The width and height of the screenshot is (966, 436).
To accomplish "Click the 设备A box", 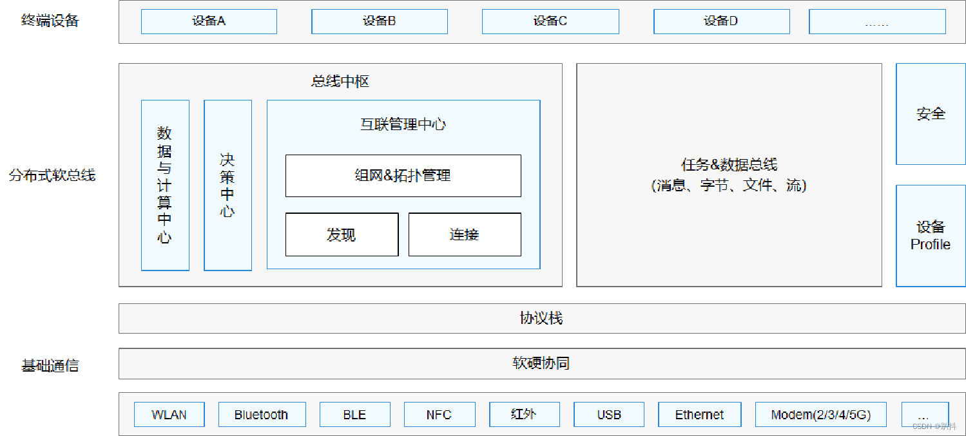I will pos(209,21).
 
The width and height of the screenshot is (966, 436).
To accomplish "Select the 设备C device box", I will pos(550,21).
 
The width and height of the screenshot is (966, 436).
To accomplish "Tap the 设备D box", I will pos(721,21).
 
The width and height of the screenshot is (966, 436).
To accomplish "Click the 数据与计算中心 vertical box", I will pos(165,185).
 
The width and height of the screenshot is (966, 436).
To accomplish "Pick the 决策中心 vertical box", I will pos(227,185).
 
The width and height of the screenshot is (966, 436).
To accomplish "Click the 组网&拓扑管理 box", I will pos(403,175).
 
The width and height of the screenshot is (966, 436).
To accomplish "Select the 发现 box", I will pos(342,234).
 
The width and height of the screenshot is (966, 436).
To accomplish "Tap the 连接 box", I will pos(465,234).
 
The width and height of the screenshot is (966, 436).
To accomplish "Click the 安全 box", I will pos(931,114).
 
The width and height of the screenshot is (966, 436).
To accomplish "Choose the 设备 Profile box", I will pos(931,236).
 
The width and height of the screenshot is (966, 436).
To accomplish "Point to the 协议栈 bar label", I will pos(541,318).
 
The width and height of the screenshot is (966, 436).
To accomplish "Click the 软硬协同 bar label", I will pos(541,364).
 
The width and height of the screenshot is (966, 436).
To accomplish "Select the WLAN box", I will pos(169,415).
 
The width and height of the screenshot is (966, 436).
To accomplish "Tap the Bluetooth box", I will pos(261,415).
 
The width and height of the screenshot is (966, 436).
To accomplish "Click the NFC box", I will pos(440,415).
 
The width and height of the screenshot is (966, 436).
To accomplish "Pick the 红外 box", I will pos(524,415).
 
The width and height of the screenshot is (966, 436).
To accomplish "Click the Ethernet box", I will pos(699,415).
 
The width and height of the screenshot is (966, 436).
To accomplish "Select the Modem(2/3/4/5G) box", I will pos(821,415).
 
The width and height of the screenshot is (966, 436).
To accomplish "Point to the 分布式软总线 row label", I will pos(52,175).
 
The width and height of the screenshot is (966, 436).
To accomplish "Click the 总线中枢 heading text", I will pos(340,82).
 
